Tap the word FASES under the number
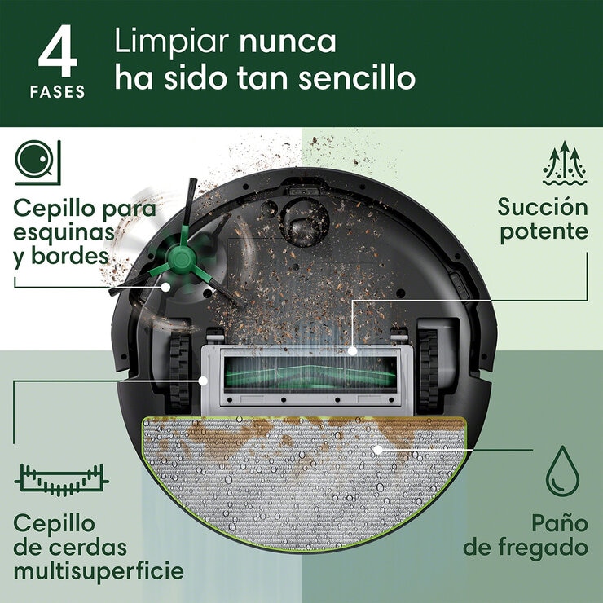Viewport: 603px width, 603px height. (x=57, y=92)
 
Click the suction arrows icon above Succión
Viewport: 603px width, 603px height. (x=564, y=163)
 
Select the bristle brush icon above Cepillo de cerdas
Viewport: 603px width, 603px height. (x=61, y=481)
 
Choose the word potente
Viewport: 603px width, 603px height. (x=544, y=231)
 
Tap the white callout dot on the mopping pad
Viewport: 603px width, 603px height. (x=377, y=449)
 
